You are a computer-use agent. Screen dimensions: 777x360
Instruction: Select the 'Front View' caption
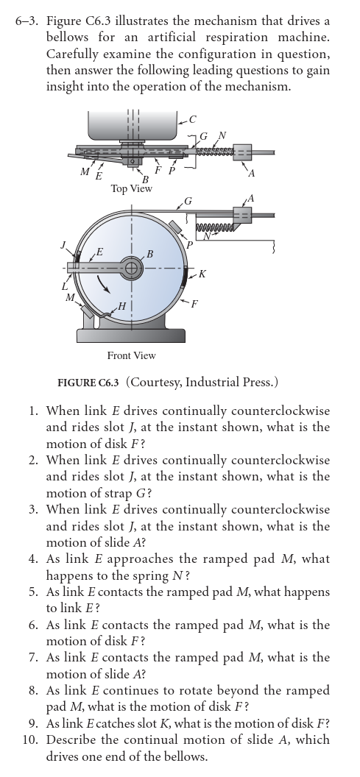[131, 355]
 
